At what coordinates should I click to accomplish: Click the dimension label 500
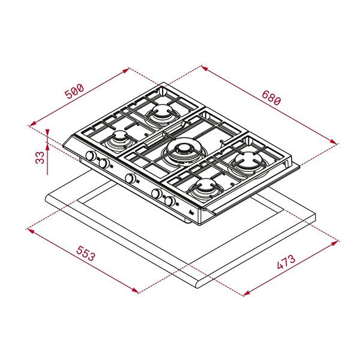pos(74,91)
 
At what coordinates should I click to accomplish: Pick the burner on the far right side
pos(247,160)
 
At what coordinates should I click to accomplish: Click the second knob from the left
pos(104,163)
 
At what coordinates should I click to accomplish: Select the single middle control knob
pos(130,178)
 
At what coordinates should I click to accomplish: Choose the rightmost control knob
pos(170,201)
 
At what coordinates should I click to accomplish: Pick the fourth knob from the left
pos(157,194)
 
